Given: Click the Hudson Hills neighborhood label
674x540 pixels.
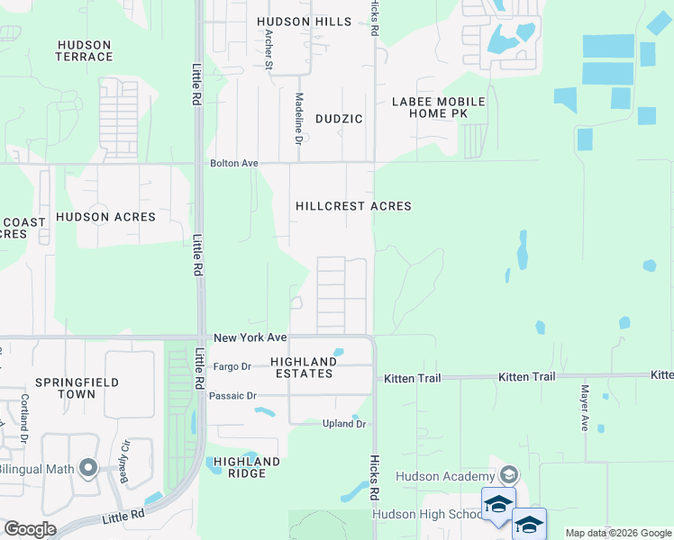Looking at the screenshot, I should point(303,22).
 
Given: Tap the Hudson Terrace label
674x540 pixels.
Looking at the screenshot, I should point(85,51).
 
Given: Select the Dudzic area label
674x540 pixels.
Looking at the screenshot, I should point(339,119).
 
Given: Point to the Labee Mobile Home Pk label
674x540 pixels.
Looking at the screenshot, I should point(439,108).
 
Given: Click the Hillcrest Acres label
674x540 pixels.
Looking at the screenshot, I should point(353,206).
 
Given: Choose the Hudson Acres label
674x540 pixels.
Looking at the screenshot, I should point(105,217).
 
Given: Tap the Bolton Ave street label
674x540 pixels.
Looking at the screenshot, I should point(234,164).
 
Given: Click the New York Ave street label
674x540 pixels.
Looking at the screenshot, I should point(250,338).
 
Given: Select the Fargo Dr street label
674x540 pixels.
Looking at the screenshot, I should point(231,366).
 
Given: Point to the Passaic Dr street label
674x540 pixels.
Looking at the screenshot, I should point(232,396).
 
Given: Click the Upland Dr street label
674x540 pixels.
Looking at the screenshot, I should point(344,424).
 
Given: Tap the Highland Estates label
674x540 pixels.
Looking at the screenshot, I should point(304,367).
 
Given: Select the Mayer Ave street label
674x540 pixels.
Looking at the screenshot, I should point(585,409).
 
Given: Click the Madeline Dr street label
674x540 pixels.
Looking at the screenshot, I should point(298,118).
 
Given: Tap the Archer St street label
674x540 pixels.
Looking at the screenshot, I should point(269,49).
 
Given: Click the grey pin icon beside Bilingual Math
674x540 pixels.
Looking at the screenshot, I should point(87,467).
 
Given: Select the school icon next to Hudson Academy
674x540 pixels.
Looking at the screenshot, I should point(508,475).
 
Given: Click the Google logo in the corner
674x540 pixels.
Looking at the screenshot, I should point(30,529).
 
